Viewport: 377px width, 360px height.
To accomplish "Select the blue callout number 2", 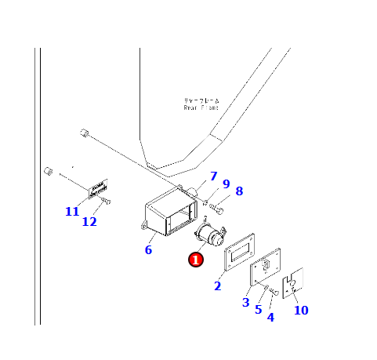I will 218,286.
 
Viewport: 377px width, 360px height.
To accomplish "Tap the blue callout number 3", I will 245,302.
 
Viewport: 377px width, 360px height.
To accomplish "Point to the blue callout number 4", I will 270,317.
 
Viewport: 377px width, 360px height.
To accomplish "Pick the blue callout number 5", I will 258,309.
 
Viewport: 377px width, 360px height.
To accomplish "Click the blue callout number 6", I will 147,250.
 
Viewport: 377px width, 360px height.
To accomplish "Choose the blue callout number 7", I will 212,176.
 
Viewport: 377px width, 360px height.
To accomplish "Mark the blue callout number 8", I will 239,191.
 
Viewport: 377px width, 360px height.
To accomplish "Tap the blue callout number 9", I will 226,184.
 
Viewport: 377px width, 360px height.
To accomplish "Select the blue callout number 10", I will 301,310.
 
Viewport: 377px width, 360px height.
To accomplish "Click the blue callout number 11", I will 72,212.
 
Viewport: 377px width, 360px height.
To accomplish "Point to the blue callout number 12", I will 89,221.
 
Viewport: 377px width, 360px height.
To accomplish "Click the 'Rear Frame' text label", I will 202,105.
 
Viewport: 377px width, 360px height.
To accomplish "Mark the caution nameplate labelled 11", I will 97,189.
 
